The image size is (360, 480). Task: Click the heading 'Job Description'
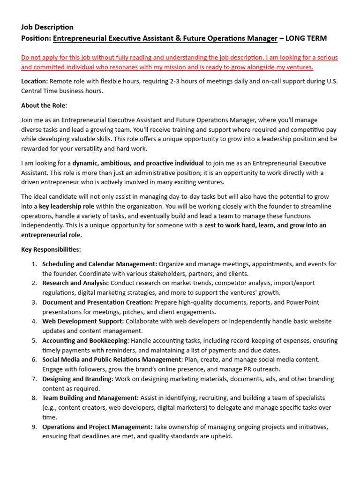pyautogui.click(x=47, y=27)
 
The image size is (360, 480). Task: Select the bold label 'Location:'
pyautogui.click(x=34, y=81)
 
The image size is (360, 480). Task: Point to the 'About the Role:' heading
pyautogui.click(x=44, y=105)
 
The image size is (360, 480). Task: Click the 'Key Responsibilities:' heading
pyautogui.click(x=51, y=249)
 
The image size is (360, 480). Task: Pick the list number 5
pyautogui.click(x=34, y=340)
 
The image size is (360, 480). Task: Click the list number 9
pyautogui.click(x=34, y=427)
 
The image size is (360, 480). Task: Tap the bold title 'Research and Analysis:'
pyautogui.click(x=75, y=283)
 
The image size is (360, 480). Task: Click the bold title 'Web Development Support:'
pyautogui.click(x=83, y=321)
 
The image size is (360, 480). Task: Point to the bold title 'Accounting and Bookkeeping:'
pyautogui.click(x=86, y=340)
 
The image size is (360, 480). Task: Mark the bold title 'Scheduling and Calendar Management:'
pyautogui.click(x=100, y=264)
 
